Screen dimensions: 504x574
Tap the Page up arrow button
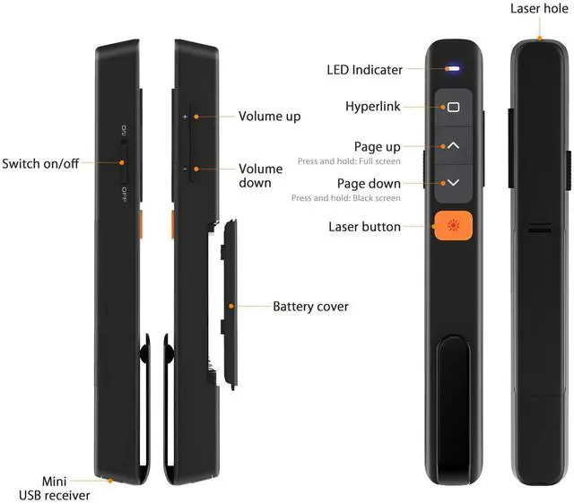(453, 144)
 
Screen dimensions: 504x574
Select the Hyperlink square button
(453, 107)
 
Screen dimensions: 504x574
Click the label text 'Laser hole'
(539, 8)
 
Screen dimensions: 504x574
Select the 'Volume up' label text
(269, 117)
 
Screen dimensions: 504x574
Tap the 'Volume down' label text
(261, 175)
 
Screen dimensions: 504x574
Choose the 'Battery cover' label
(310, 307)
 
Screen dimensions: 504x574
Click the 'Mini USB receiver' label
(54, 488)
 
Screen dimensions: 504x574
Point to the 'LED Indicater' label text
(364, 69)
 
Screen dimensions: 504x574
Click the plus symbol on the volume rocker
(185, 117)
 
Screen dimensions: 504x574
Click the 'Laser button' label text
(364, 226)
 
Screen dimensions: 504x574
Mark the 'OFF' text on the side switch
(123, 193)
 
